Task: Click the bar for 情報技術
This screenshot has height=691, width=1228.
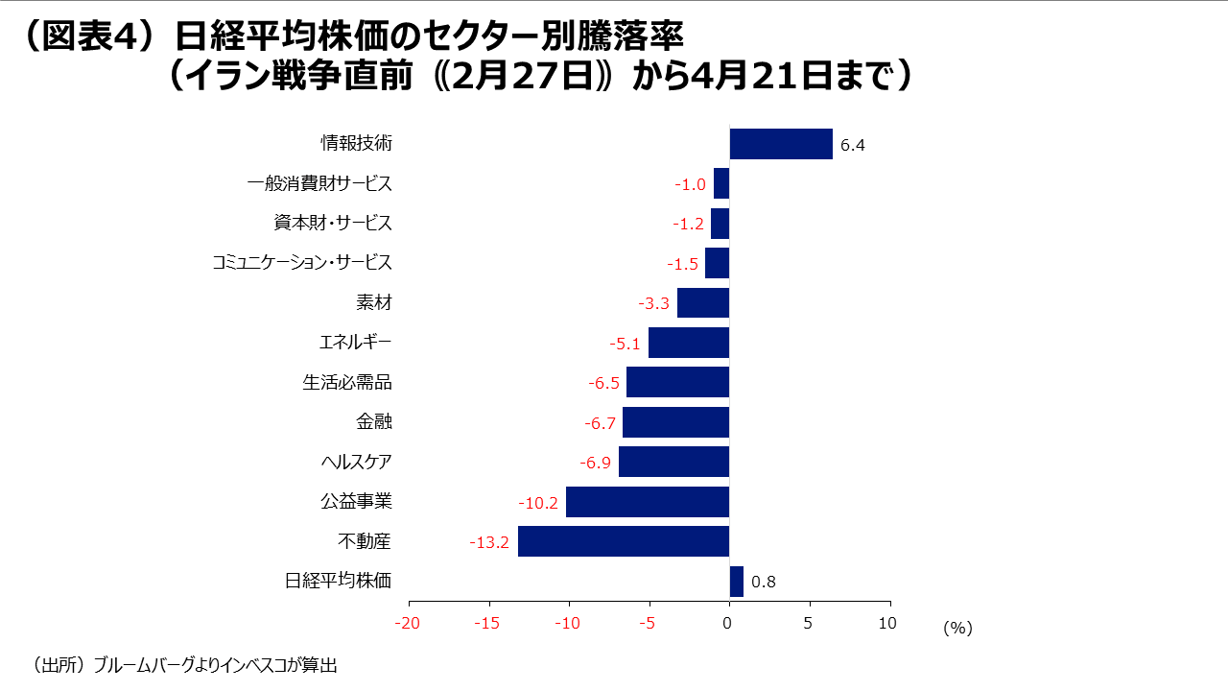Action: (781, 144)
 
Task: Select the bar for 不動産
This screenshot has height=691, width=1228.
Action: (624, 541)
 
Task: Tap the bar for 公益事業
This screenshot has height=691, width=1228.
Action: (648, 502)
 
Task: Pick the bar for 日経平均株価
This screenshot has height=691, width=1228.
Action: (736, 582)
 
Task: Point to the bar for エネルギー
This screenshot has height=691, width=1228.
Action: (689, 343)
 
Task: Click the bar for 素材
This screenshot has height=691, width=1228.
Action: (703, 303)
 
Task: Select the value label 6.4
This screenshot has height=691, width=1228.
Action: (853, 146)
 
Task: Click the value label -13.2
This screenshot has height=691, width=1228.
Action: (489, 543)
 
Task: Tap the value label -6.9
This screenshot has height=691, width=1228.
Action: (596, 464)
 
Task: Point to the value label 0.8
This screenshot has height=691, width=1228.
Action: (764, 583)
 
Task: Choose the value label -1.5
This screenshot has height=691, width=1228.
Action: (682, 264)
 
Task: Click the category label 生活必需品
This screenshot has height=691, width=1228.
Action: (347, 382)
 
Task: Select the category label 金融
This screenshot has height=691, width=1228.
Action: (373, 422)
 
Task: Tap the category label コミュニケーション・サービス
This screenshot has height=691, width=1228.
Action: (302, 263)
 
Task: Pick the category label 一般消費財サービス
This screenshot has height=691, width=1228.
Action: (319, 183)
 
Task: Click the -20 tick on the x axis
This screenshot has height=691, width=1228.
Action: (409, 624)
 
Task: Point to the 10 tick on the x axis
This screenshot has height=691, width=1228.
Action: (887, 624)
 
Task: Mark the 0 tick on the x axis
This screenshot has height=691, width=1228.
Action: (729, 624)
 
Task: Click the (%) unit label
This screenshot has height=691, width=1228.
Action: (957, 628)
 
